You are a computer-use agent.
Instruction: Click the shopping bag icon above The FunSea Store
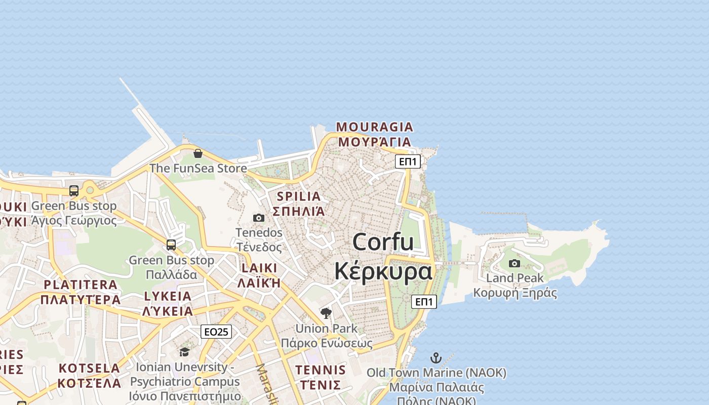[198, 153]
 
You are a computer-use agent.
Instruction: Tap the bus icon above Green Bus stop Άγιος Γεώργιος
[74, 191]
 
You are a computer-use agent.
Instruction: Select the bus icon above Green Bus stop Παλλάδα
[171, 245]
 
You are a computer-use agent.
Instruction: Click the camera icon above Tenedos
[259, 218]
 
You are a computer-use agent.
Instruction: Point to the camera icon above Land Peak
[515, 263]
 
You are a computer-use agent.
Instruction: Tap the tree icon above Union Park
[326, 313]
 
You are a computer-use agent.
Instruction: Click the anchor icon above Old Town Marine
[436, 358]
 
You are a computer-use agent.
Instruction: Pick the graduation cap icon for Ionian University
[184, 351]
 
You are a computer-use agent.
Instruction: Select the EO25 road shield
[216, 332]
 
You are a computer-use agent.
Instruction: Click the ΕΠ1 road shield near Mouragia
[408, 161]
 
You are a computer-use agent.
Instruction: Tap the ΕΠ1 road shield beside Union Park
[424, 302]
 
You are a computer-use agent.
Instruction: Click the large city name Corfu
[383, 241]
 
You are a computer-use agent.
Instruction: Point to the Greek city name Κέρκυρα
[383, 271]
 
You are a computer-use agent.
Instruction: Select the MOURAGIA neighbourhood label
[375, 127]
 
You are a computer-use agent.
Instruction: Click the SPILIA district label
[299, 196]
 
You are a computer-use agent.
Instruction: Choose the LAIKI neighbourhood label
[259, 268]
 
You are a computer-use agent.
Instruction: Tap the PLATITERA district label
[81, 285]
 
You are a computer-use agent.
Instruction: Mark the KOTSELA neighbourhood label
[90, 368]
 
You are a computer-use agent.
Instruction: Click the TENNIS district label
[321, 370]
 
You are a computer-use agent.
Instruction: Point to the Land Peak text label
[515, 278]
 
